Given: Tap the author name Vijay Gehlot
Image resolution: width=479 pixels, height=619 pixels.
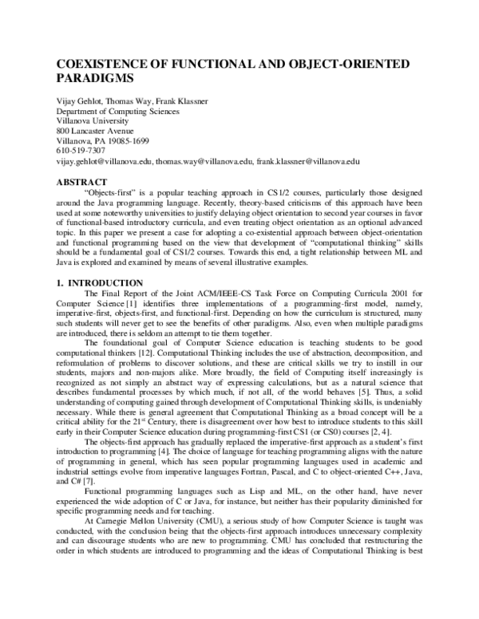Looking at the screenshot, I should (x=82, y=102).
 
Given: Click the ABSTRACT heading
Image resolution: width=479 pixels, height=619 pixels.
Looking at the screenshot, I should (x=83, y=182).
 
